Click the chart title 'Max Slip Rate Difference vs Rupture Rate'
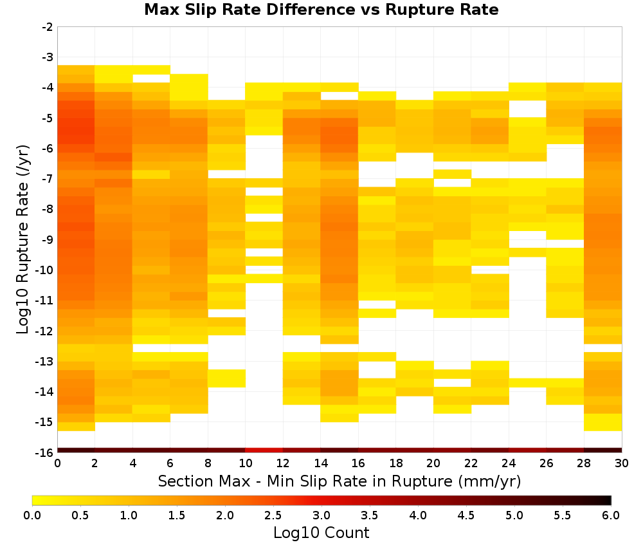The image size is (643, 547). tap(321, 10)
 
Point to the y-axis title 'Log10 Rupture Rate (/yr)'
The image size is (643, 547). tap(23, 239)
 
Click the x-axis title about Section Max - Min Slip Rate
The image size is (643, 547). tap(340, 481)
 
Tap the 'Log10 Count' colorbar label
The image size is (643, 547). tap(321, 533)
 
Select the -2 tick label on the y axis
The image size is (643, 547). tap(48, 27)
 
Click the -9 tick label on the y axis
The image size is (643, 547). tap(48, 239)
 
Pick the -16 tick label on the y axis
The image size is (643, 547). tap(45, 452)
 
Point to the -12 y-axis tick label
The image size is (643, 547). tap(45, 331)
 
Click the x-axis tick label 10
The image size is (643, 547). tap(246, 463)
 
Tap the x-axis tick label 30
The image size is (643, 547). tap(622, 463)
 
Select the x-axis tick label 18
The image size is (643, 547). tap(396, 463)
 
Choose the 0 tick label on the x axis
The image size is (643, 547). tap(57, 463)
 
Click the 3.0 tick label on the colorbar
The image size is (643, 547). tap(321, 515)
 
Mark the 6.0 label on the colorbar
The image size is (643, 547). tap(611, 515)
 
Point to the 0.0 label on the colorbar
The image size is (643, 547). tap(32, 515)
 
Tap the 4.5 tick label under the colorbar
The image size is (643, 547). tap(466, 515)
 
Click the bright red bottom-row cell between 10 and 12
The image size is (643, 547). tap(264, 450)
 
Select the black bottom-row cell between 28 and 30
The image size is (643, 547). tap(603, 450)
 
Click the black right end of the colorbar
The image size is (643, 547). tap(608, 500)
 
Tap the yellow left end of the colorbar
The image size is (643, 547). tap(36, 500)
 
